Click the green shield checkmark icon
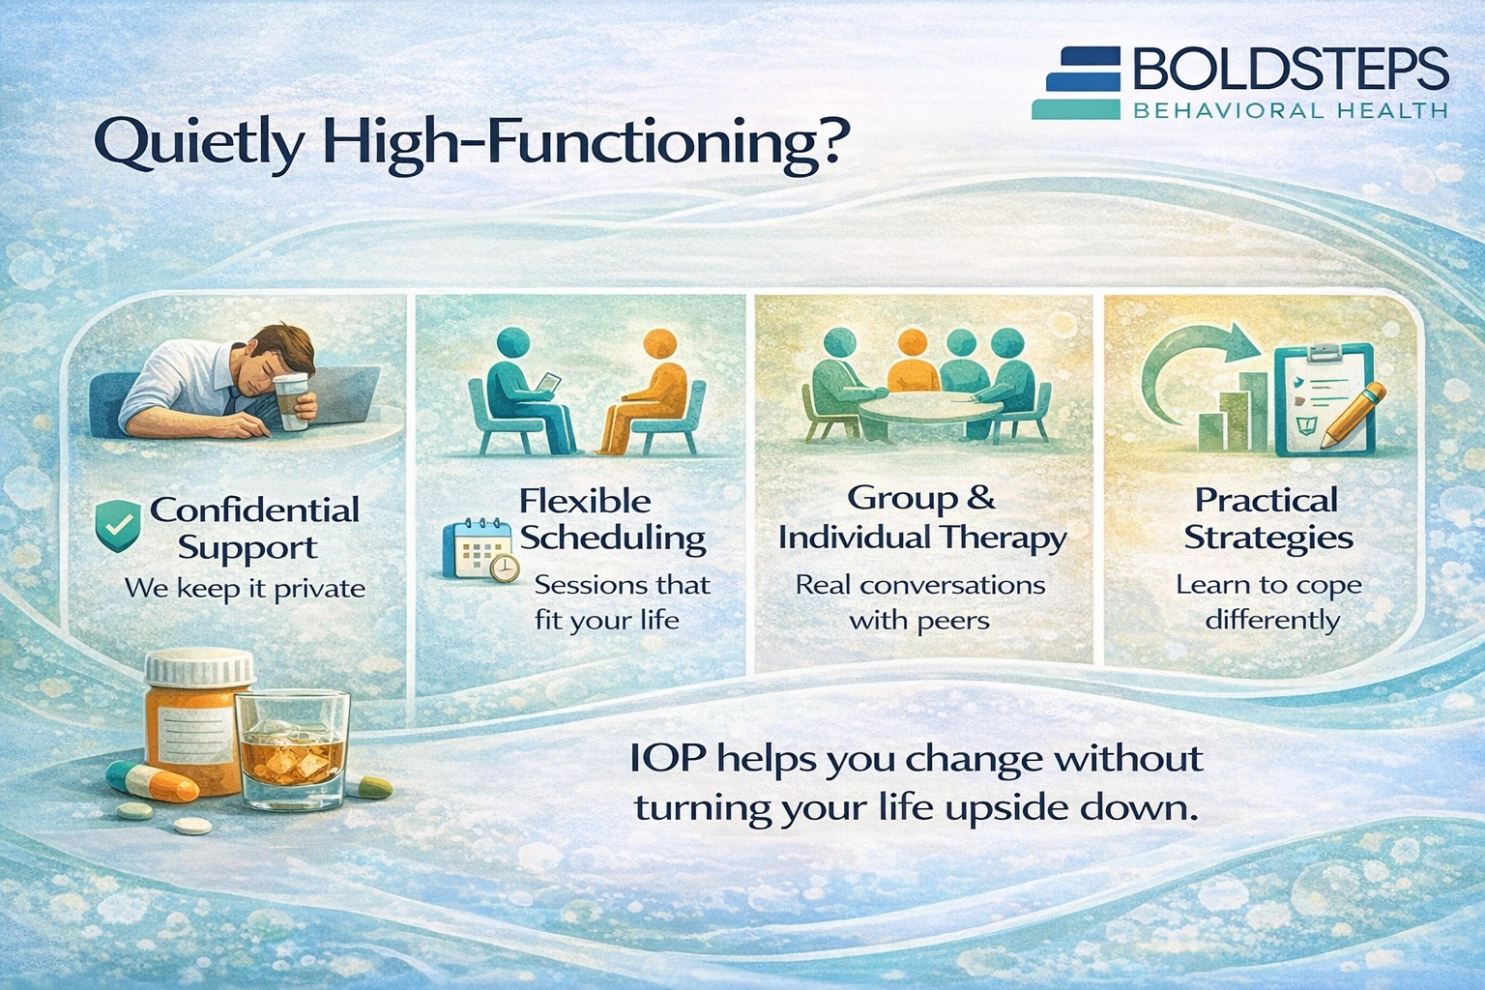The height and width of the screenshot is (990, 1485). (x=118, y=526)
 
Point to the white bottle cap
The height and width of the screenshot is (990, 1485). (x=200, y=668)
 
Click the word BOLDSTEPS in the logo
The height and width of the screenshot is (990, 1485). (x=1290, y=70)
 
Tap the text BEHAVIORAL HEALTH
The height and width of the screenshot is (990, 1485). (x=1290, y=111)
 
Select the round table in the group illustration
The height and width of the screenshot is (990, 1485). (x=930, y=408)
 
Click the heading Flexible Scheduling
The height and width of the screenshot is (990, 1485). (x=612, y=519)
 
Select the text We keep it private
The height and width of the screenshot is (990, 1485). (x=245, y=589)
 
